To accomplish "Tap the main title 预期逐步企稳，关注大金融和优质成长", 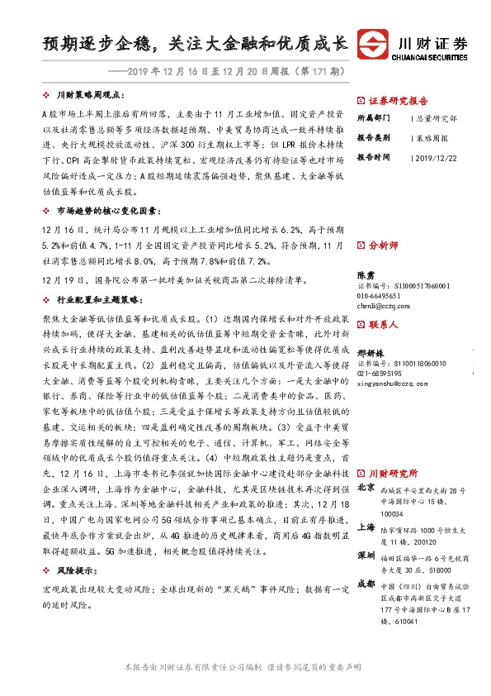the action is pyautogui.click(x=196, y=42).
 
